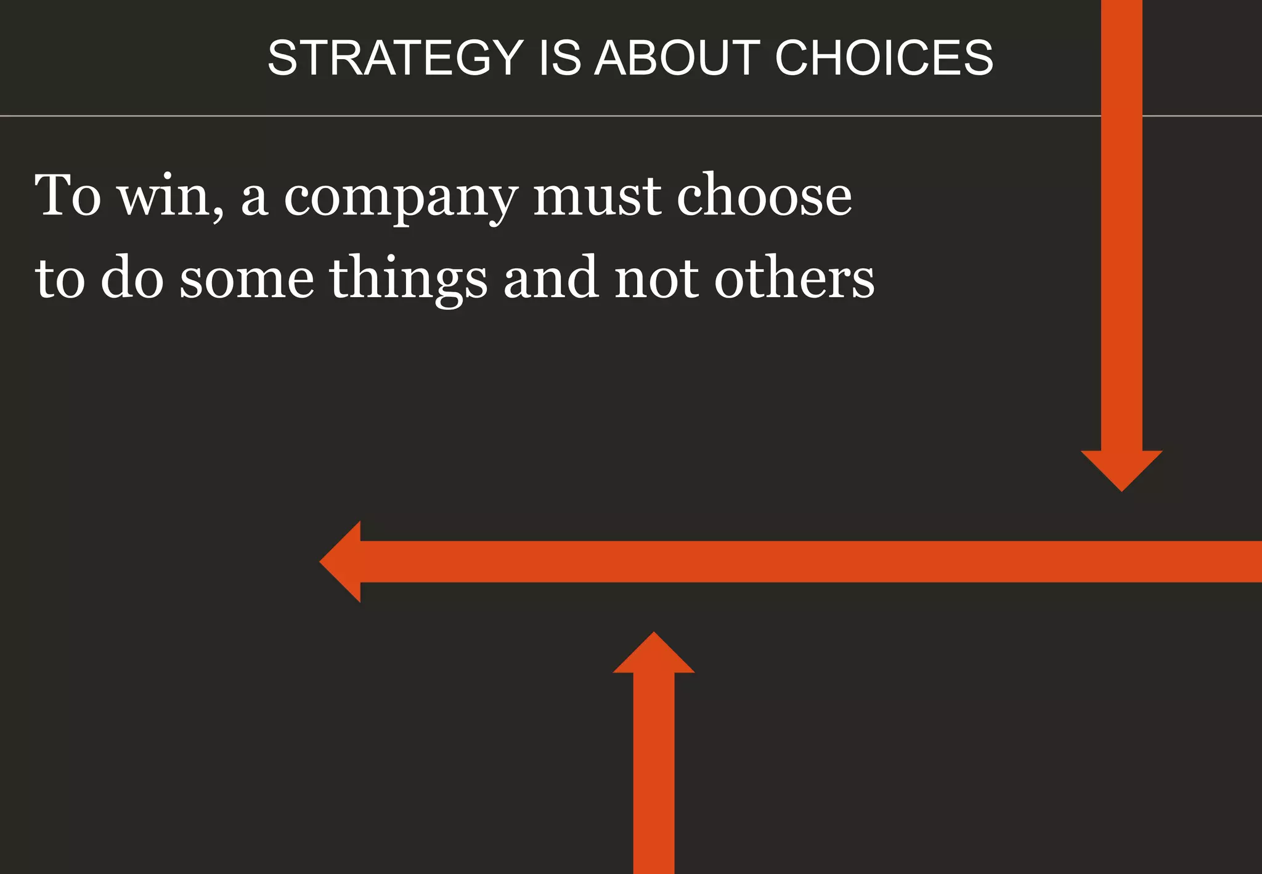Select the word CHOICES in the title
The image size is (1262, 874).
pos(884,58)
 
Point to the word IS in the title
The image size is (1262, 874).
pos(560,58)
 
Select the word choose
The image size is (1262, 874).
pos(764,196)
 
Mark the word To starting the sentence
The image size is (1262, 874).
pos(68,196)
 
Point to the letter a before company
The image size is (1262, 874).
pos(254,200)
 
